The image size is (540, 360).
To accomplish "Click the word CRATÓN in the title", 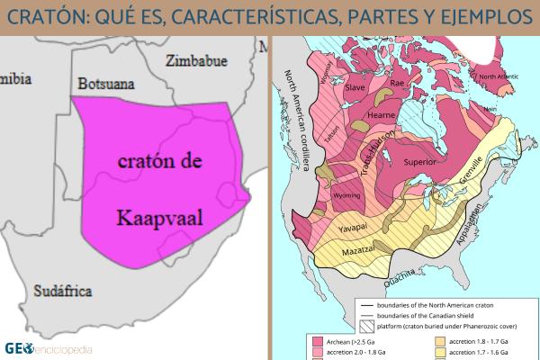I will (x=53, y=17).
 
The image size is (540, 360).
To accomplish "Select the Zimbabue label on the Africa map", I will (x=195, y=60).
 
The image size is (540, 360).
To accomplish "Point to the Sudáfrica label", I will (x=64, y=290).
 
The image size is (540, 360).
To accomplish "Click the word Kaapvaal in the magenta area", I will (x=161, y=216).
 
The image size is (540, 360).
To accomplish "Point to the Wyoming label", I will (x=346, y=195).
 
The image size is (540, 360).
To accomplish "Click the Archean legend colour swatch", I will (x=318, y=342).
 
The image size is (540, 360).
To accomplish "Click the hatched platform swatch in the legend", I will (x=365, y=328).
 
